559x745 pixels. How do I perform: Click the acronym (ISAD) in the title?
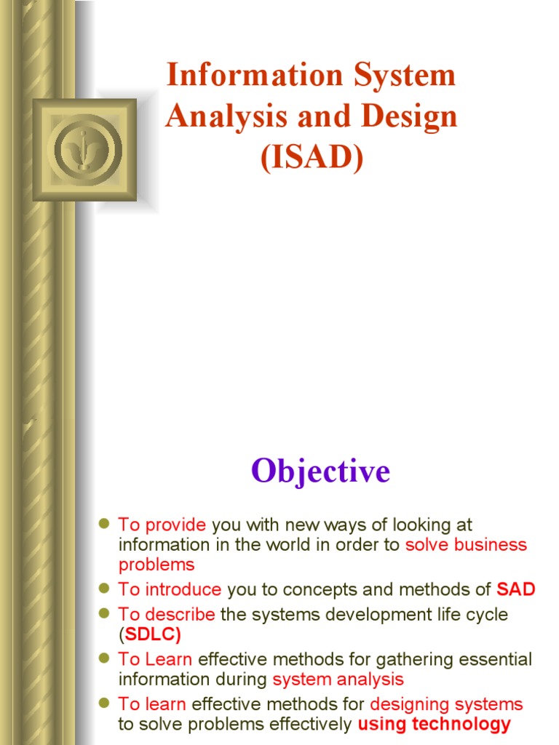tap(311, 158)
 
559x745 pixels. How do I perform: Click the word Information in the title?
tap(245, 76)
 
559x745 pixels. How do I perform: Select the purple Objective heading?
tap(321, 471)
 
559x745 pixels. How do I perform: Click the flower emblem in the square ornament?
tap(85, 149)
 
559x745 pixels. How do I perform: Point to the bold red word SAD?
tap(515, 589)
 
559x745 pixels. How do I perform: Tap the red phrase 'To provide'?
tap(162, 525)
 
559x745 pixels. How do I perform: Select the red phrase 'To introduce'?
tap(170, 589)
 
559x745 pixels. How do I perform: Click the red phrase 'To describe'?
tap(167, 615)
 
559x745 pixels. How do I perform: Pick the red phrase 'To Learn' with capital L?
tap(155, 660)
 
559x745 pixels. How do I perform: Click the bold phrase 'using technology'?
tap(434, 724)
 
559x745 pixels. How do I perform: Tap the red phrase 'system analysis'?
tap(338, 680)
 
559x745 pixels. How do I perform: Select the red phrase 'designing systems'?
tap(446, 704)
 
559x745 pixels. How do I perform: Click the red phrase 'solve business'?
tap(466, 545)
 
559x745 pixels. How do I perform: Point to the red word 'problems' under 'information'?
tap(156, 565)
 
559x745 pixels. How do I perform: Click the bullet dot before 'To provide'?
tap(103, 524)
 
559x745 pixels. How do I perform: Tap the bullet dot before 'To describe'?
tap(103, 614)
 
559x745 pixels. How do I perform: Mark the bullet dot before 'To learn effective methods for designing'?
tap(103, 704)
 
